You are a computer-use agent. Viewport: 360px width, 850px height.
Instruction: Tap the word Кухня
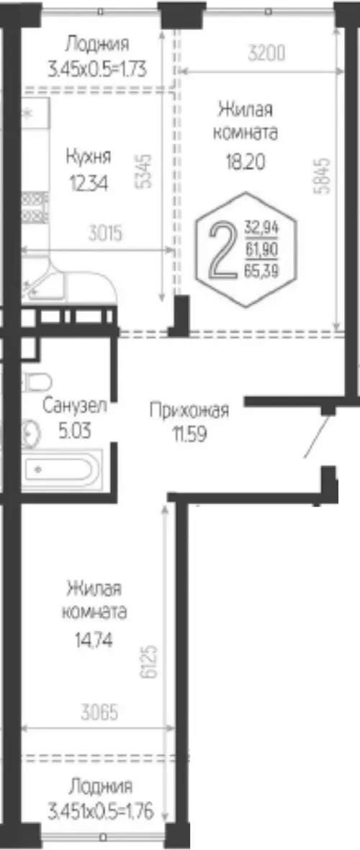(x=89, y=157)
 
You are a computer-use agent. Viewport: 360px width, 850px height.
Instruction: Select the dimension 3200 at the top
(x=266, y=54)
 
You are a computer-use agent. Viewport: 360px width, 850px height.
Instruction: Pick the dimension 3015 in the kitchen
(x=106, y=233)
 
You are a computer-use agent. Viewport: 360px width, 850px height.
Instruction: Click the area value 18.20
(x=246, y=161)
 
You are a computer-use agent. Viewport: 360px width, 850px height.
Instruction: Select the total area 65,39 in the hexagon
(x=261, y=272)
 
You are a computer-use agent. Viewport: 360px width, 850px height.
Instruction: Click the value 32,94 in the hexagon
(x=261, y=227)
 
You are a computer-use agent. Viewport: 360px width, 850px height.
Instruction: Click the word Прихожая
(x=189, y=411)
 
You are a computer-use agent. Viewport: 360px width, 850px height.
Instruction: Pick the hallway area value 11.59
(x=189, y=435)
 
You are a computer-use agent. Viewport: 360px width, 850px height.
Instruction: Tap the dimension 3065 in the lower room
(x=99, y=712)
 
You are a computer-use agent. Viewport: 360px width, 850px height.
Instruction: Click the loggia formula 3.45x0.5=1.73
(x=97, y=70)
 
